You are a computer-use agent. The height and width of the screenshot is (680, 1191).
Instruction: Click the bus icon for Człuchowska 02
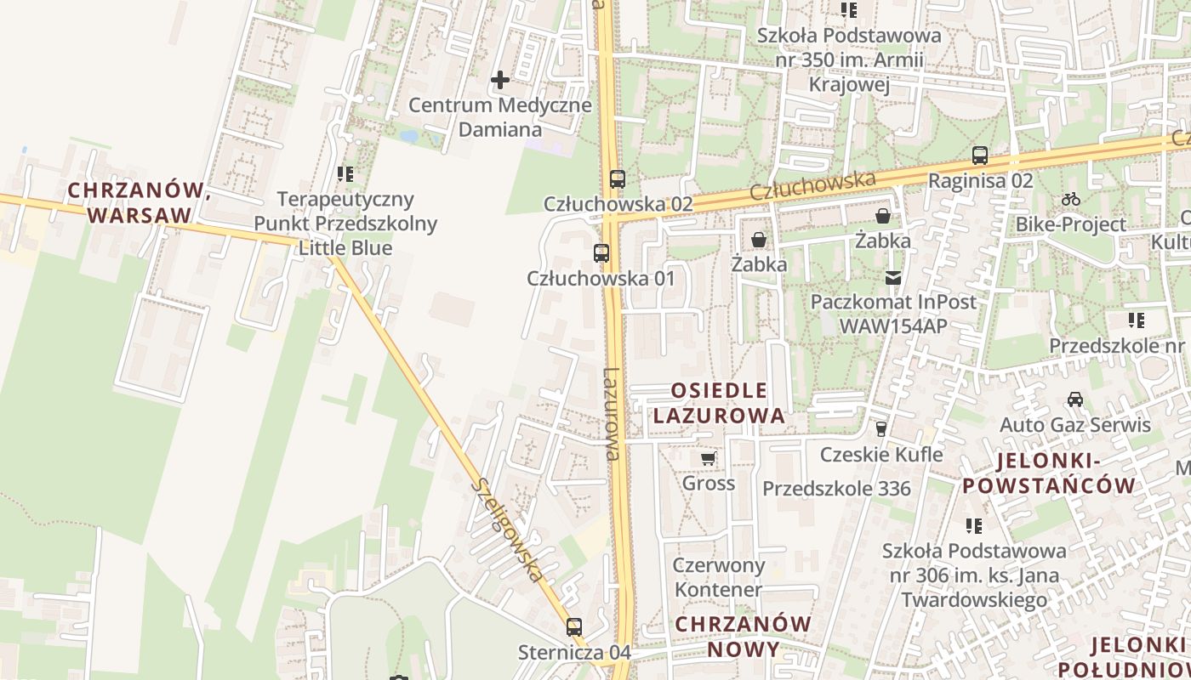click(618, 179)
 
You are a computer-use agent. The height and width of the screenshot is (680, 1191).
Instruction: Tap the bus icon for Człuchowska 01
click(601, 252)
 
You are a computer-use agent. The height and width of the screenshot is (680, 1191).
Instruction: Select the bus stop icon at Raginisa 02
click(980, 156)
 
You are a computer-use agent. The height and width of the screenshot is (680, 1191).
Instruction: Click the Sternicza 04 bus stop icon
click(574, 627)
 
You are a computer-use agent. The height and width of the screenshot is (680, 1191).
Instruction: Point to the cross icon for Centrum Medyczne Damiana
click(500, 80)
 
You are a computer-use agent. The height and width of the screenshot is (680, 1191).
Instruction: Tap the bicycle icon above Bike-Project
click(1071, 200)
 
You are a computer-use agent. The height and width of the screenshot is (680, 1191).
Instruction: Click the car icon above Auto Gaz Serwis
click(1075, 399)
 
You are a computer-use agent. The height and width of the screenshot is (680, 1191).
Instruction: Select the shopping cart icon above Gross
click(708, 459)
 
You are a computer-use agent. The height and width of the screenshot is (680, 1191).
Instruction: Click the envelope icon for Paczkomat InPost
click(893, 277)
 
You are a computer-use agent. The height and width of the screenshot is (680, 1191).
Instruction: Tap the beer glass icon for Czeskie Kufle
click(881, 429)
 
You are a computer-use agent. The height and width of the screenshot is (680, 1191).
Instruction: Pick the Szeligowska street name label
click(508, 530)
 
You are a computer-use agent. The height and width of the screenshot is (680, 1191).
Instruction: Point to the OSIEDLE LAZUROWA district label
click(729, 403)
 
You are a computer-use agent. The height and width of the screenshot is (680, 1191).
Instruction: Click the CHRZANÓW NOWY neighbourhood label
click(744, 637)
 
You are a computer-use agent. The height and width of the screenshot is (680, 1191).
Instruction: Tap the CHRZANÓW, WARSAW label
click(139, 202)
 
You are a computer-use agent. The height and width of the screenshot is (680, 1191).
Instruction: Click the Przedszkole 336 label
click(836, 489)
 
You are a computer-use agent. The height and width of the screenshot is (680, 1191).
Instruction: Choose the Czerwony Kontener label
click(719, 577)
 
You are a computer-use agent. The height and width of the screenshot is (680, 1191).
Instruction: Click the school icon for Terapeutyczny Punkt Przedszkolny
click(345, 174)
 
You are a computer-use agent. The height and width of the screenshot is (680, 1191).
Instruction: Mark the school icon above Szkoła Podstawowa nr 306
click(974, 526)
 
